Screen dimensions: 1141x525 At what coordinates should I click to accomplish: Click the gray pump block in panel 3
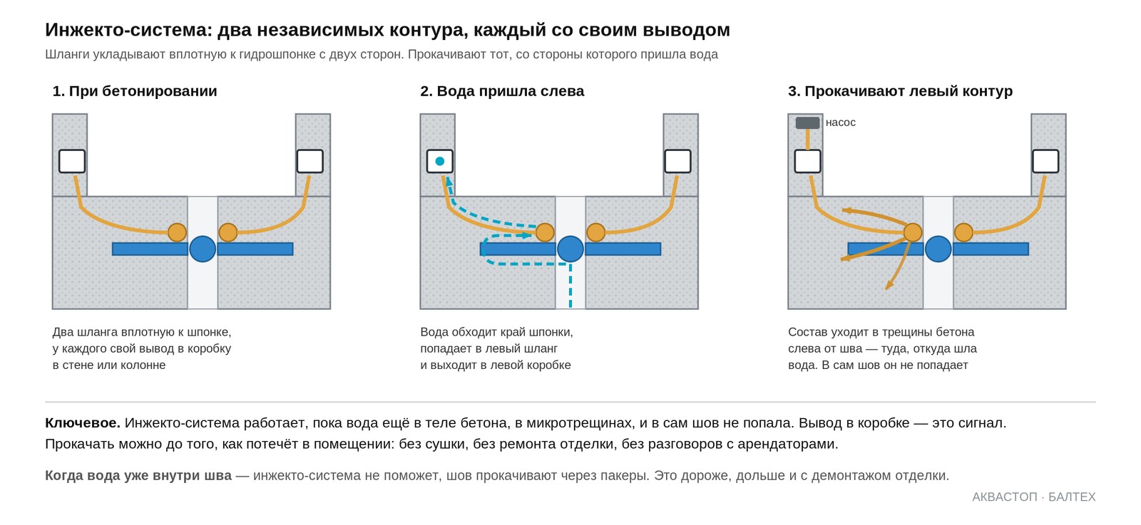click(x=807, y=123)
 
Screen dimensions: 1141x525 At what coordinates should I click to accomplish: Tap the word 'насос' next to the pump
click(x=841, y=123)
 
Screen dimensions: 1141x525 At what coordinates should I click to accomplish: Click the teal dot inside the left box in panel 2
click(x=439, y=161)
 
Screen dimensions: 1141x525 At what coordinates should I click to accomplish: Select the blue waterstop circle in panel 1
click(x=203, y=249)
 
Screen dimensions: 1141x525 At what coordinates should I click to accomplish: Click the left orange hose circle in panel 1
click(x=178, y=232)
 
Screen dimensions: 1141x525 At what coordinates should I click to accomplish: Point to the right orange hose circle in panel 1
click(x=227, y=232)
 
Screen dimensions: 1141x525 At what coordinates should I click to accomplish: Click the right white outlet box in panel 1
click(x=309, y=161)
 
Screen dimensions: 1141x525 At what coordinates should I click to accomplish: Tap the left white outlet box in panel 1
click(x=72, y=161)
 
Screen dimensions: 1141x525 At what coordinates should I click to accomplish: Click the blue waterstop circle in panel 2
click(x=570, y=249)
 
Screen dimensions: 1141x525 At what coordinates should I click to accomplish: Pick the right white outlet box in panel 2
click(x=677, y=161)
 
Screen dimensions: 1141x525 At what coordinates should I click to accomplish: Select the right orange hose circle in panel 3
click(x=963, y=232)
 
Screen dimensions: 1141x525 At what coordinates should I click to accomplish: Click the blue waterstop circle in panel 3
click(x=938, y=249)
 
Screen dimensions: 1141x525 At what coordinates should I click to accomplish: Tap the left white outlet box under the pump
click(x=807, y=161)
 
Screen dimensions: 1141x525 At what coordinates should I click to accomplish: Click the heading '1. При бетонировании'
click(x=135, y=91)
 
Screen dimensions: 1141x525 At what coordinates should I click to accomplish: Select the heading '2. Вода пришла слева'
click(x=502, y=91)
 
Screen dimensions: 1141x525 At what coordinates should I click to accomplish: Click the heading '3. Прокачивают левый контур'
click(x=900, y=91)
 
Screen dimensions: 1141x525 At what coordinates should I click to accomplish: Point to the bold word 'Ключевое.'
click(x=83, y=422)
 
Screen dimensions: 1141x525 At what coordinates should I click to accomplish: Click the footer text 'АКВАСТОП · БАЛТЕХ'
click(x=1033, y=497)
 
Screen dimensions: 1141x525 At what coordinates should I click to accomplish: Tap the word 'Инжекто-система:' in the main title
click(x=128, y=30)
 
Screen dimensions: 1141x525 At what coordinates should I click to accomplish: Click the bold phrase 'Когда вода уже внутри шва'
click(x=138, y=476)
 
